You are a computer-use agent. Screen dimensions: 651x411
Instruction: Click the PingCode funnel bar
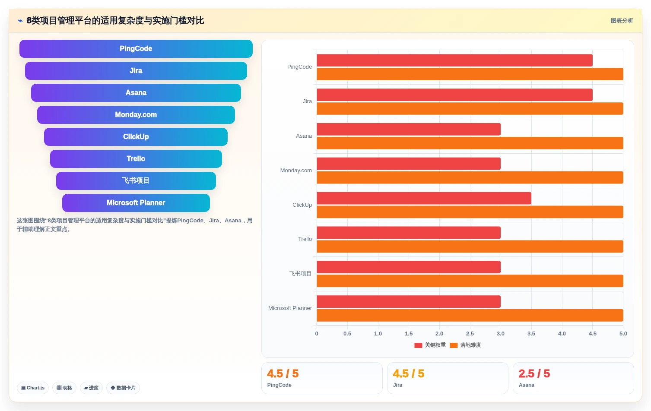click(136, 48)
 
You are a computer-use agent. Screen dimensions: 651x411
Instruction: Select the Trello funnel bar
click(136, 158)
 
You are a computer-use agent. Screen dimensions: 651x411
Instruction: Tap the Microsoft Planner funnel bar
click(136, 203)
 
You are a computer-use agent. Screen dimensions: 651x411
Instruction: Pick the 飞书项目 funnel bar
click(136, 180)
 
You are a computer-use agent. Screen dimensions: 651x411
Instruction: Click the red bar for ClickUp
click(424, 198)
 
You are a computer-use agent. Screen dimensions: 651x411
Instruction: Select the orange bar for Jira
click(470, 108)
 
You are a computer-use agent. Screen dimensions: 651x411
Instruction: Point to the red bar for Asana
click(409, 129)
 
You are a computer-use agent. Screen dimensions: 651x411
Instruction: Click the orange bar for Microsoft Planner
click(470, 315)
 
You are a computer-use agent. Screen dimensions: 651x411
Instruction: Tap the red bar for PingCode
click(454, 60)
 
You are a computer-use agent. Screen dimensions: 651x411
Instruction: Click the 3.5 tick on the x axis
click(531, 333)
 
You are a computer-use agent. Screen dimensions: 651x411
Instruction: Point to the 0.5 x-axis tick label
click(347, 333)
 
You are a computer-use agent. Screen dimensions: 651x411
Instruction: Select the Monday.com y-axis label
click(296, 170)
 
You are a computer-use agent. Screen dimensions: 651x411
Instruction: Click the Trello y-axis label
click(305, 239)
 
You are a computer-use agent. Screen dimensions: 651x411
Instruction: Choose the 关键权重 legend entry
click(430, 345)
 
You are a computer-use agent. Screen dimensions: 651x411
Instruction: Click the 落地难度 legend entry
click(466, 345)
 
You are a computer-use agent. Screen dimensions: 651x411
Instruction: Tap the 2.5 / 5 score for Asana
click(534, 373)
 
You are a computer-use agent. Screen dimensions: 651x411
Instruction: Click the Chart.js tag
click(33, 388)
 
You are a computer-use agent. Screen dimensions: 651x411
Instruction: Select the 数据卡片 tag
click(123, 388)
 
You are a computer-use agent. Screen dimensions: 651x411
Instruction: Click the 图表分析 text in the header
click(622, 21)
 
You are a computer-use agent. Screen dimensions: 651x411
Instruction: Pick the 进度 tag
click(91, 388)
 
